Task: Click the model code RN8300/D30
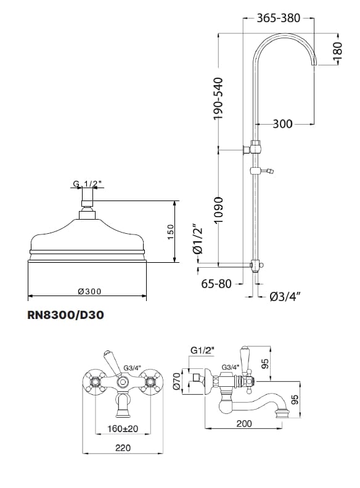coord(65,315)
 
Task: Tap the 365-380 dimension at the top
coord(278,18)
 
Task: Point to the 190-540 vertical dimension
coord(218,98)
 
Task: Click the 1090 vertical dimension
coord(218,210)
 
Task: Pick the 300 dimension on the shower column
coord(282,124)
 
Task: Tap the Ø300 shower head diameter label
coord(89,291)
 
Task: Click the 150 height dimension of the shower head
coord(171,232)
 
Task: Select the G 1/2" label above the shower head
coord(85,184)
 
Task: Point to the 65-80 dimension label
coord(216,284)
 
